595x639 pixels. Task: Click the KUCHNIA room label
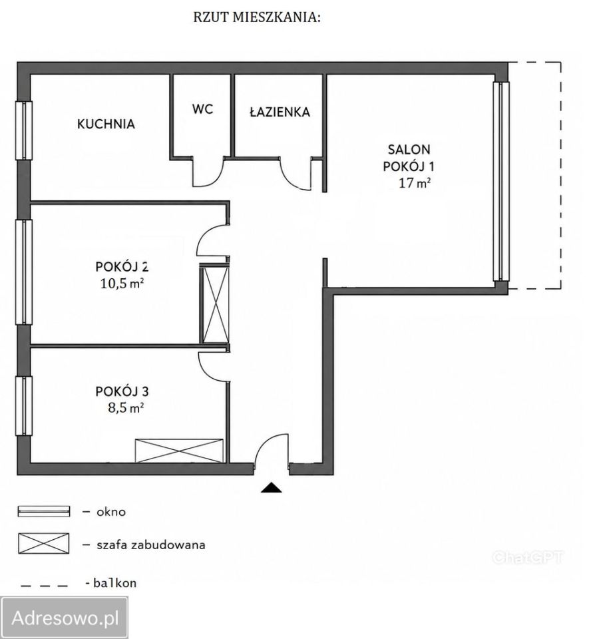pos(106,124)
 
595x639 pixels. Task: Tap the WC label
pos(202,109)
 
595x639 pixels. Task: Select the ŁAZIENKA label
pos(280,112)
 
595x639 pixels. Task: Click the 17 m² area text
pos(415,183)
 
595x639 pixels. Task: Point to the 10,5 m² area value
pos(122,284)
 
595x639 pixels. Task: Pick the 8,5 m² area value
pos(126,407)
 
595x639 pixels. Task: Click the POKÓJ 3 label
pos(122,391)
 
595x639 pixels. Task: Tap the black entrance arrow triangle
pos(271,488)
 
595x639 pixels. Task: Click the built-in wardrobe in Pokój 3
pos(179,451)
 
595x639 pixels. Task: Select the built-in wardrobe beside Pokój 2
pos(214,305)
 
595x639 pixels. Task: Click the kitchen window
pos(24,130)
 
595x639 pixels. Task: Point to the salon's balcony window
pos(501,181)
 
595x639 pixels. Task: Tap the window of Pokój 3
pos(24,406)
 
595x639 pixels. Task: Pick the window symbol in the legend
pos(44,511)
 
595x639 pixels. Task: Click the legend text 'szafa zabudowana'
pos(151,545)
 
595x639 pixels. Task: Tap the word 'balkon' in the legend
pos(115,583)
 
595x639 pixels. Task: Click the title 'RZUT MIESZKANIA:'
pos(257,17)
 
